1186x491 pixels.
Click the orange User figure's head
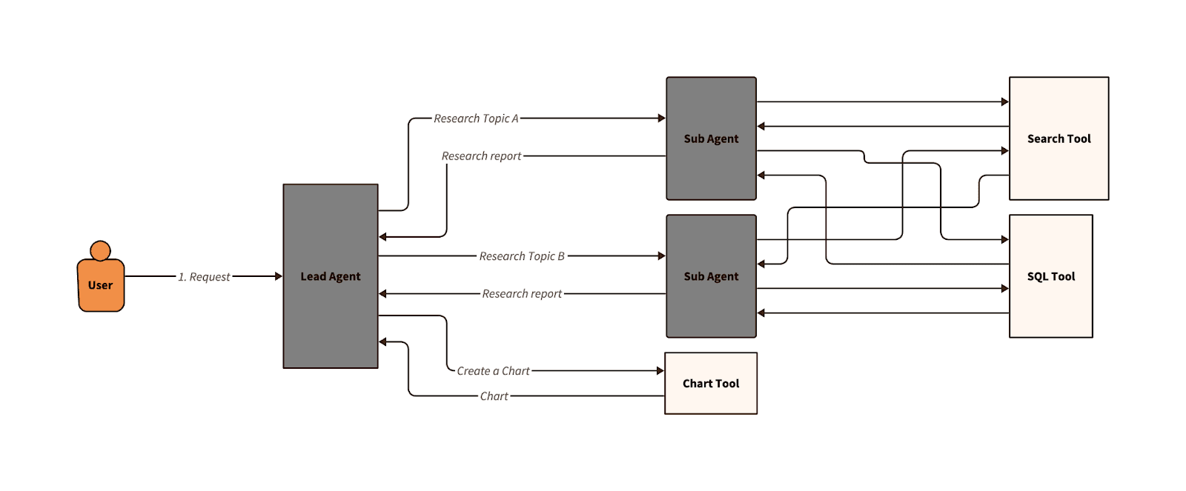(100, 250)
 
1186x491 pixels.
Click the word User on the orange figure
(100, 285)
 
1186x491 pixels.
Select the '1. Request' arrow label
(204, 277)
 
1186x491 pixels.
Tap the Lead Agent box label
(330, 276)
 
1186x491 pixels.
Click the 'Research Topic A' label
(476, 118)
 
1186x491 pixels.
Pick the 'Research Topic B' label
(521, 256)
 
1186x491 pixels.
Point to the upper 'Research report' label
(481, 156)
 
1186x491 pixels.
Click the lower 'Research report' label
(522, 294)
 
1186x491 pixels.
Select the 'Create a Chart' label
(493, 371)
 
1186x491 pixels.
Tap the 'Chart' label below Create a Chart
(494, 396)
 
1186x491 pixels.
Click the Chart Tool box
(711, 383)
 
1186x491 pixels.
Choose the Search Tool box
(1059, 138)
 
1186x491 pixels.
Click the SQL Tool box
(1050, 276)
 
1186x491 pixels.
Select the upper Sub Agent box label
(711, 138)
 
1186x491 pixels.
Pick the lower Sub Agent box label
(711, 276)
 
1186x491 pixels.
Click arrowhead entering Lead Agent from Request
(279, 276)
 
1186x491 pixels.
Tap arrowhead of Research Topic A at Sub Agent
(661, 118)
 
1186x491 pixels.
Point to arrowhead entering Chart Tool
(660, 370)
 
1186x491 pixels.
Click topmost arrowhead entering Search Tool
(1004, 101)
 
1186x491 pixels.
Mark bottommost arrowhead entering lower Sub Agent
(761, 313)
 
